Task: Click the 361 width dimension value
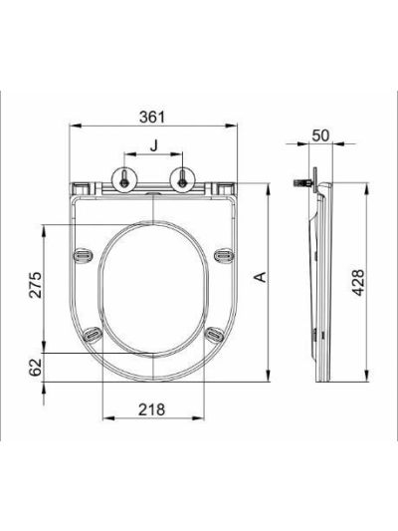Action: point(152,117)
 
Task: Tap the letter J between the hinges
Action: point(154,145)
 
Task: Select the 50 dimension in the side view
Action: point(320,135)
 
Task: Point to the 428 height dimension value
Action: point(358,282)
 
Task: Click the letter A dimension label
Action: point(261,277)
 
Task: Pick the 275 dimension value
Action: point(36,285)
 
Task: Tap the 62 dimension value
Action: point(35,367)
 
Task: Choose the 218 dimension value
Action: point(152,409)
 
